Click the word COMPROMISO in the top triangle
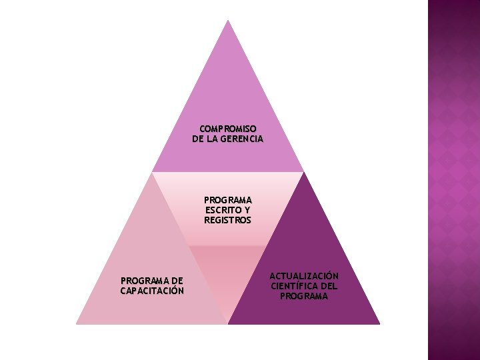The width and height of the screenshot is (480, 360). pos(228,128)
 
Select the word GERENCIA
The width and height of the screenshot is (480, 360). pos(241,139)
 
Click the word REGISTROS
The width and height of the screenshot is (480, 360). pos(228,220)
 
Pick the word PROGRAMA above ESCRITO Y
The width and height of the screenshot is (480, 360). pos(228,200)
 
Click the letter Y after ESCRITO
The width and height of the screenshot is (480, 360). pos(247,210)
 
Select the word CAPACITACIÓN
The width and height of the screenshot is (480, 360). pos(152,291)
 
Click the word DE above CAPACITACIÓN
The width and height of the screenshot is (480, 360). pos(177,281)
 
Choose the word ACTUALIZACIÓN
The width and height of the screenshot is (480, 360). pos(304,276)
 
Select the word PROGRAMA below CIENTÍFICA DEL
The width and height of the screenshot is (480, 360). pos(304,296)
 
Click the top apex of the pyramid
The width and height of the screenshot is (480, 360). pos(228,21)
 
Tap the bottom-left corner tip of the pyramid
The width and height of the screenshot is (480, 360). pos(77,323)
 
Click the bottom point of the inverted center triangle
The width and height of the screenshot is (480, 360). pos(228,323)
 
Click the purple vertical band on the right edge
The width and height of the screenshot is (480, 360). pos(453,180)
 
